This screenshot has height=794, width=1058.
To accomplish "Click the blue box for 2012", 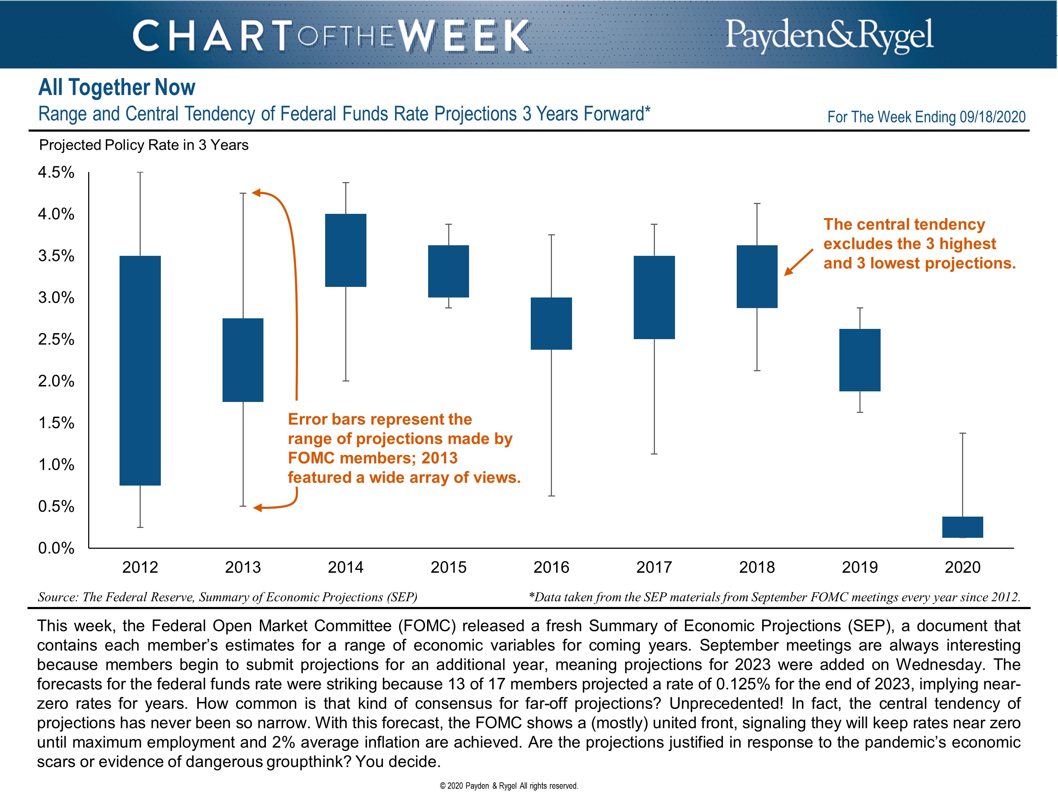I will pos(140,371).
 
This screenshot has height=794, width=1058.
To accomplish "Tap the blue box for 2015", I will pos(448,271).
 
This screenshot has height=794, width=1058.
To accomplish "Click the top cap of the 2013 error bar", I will pos(243,193).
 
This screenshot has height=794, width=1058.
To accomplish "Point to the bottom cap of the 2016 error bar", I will pos(552,496).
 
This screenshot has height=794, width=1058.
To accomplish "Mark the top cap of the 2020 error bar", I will pos(963,433).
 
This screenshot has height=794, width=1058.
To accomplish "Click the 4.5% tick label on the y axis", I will pos(56,172).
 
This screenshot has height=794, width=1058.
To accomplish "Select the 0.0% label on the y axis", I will pos(56,548).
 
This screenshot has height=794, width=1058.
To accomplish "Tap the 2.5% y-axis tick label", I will pos(56,339).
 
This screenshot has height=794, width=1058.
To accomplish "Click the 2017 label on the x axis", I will pos(654,567).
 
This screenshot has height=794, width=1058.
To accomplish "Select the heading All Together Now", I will pos(117,88).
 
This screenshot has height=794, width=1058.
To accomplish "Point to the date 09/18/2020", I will pos(992,117).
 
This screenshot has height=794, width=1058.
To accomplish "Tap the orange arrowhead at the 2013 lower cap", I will pos(258,508).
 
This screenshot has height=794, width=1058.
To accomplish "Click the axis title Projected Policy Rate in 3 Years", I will pos(144,145).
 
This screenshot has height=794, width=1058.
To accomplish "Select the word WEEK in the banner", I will pos(463,36).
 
